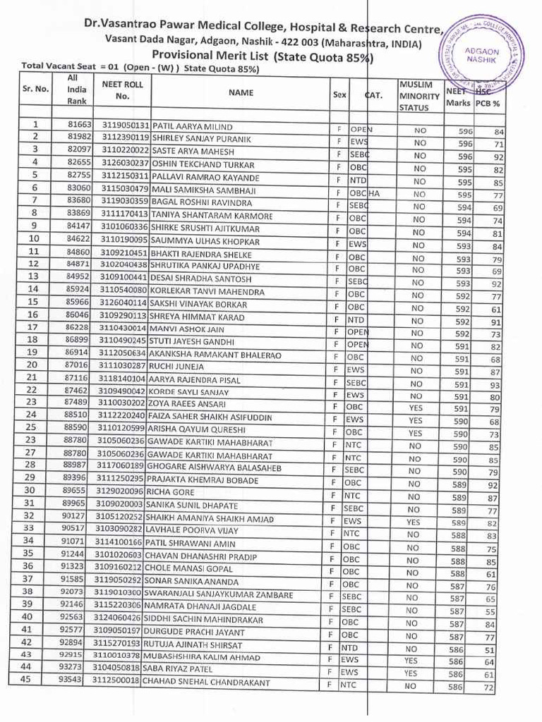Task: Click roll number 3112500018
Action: (x=117, y=683)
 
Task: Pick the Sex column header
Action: (x=339, y=94)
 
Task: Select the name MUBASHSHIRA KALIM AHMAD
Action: (x=202, y=658)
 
